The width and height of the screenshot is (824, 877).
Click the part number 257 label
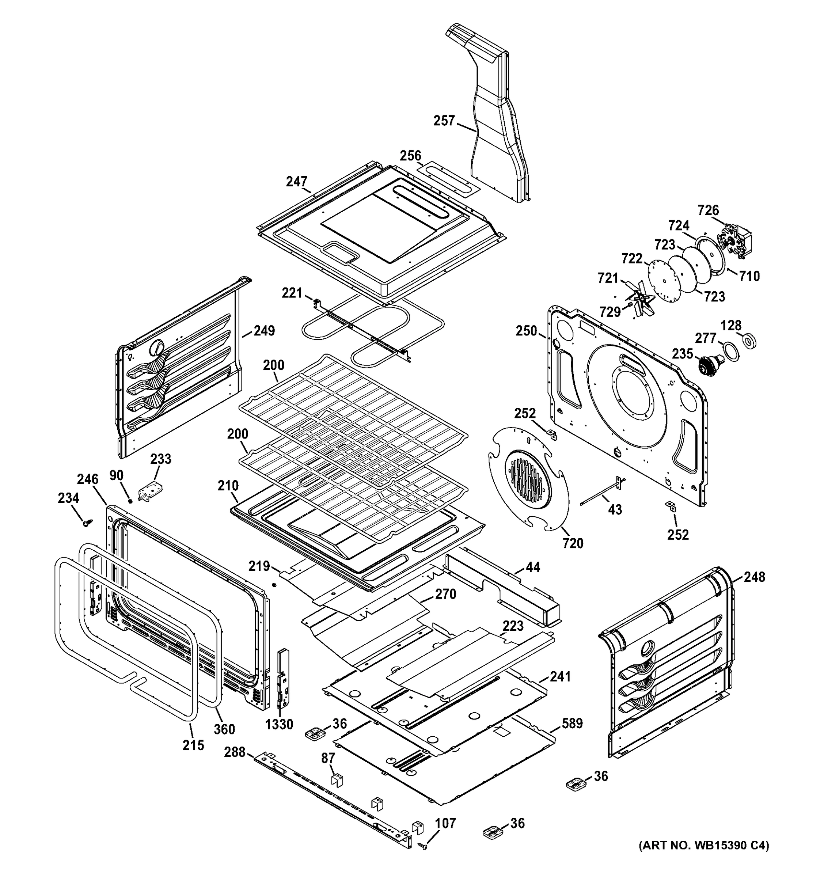[x=444, y=121]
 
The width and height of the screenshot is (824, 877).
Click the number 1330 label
[x=279, y=724]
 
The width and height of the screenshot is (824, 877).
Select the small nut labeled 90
[x=130, y=501]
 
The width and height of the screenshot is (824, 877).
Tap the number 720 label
[x=573, y=543]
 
